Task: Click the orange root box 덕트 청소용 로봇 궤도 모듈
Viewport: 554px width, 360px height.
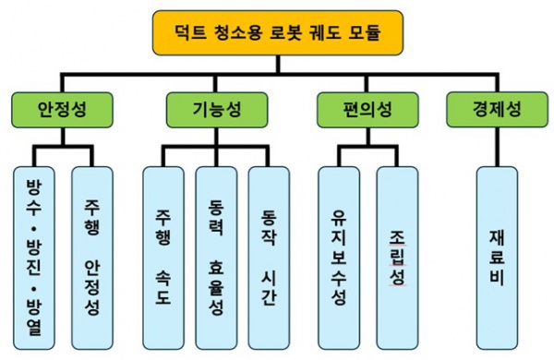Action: (x=276, y=33)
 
